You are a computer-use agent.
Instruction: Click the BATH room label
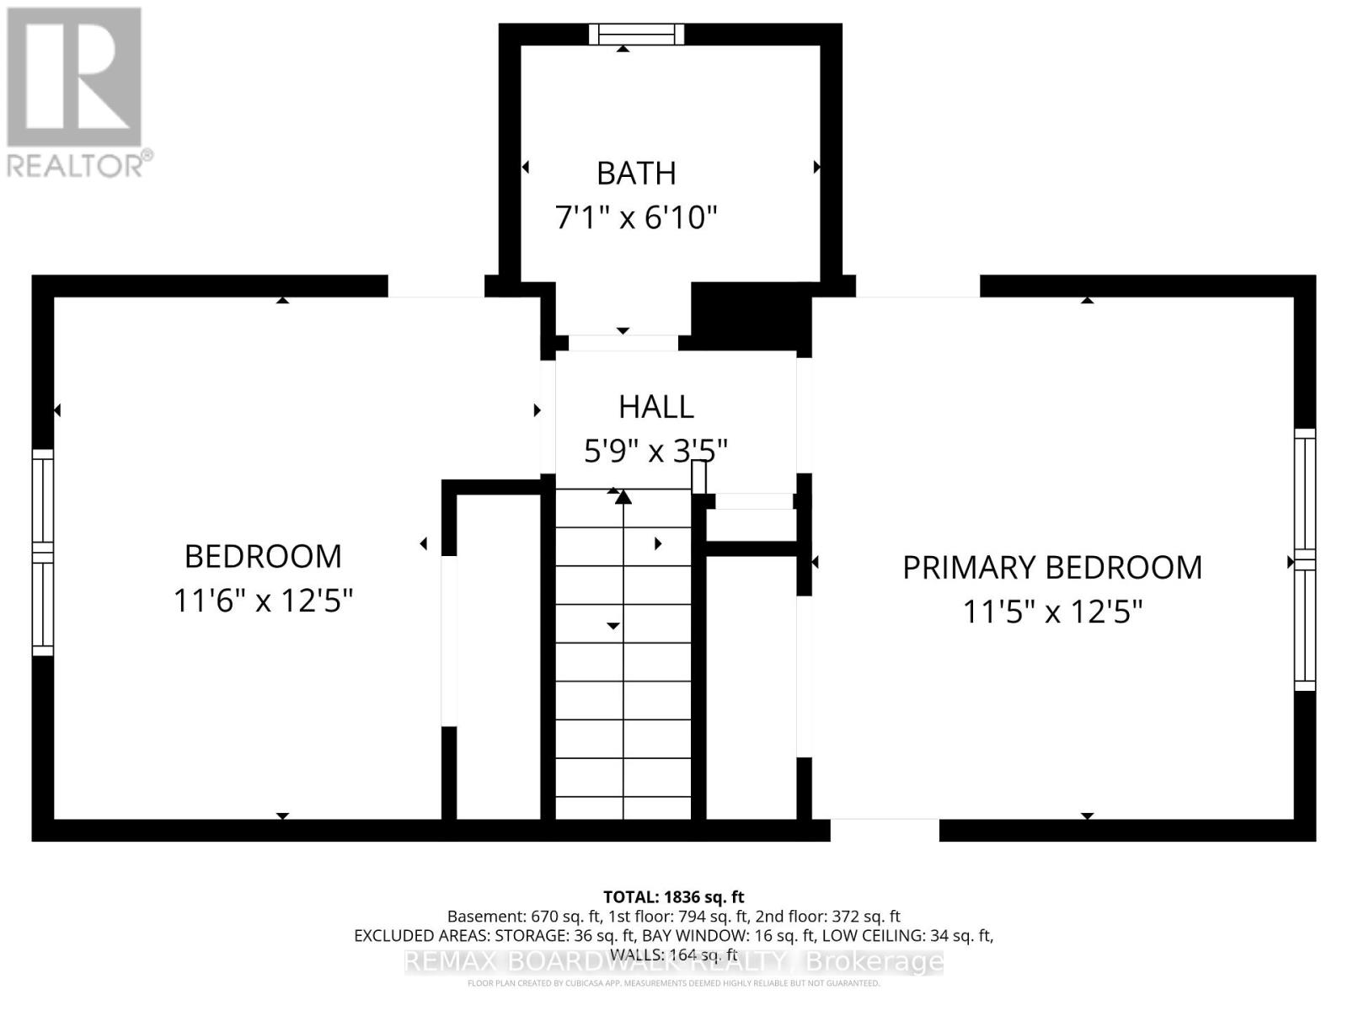[x=636, y=174]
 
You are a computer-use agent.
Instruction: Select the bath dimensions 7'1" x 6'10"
[x=636, y=218]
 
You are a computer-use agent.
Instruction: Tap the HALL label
[x=656, y=407]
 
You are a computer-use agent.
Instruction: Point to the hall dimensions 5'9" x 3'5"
[x=655, y=452]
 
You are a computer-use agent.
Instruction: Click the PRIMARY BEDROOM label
[x=1052, y=568]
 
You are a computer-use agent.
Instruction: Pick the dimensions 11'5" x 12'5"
[x=1052, y=612]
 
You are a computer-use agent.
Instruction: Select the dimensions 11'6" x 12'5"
[x=263, y=602]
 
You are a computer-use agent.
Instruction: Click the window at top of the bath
[x=636, y=34]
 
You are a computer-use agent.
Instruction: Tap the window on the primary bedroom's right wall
[x=1304, y=559]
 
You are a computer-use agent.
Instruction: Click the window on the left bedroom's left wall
[x=43, y=553]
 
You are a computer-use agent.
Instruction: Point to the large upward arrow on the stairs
[x=623, y=499]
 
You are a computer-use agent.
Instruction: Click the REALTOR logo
[x=76, y=93]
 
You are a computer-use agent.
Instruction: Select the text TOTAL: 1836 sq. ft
[x=673, y=897]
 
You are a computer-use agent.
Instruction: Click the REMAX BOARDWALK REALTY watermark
[x=674, y=961]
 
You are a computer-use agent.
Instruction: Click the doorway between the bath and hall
[x=623, y=343]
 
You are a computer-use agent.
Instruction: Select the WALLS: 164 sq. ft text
[x=673, y=955]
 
